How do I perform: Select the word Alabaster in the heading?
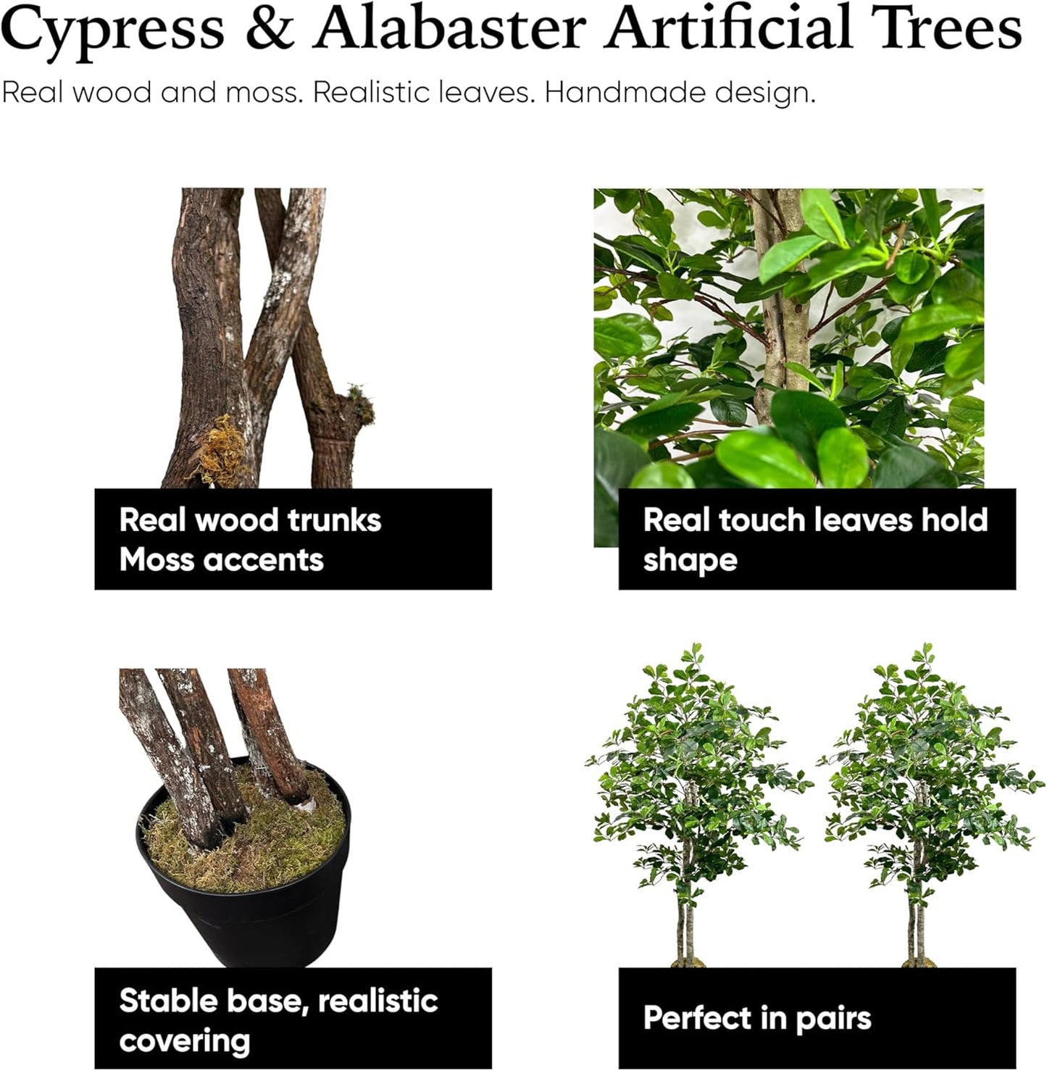[449, 29]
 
